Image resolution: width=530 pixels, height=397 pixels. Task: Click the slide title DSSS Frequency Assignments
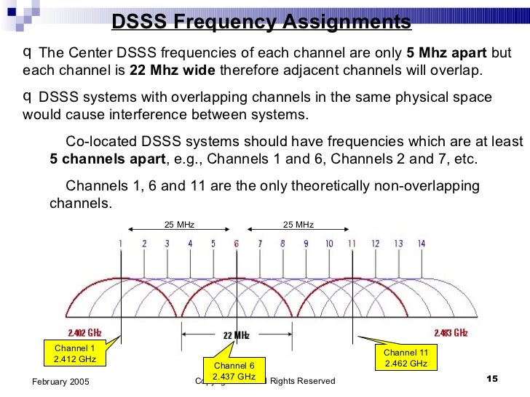pyautogui.click(x=261, y=23)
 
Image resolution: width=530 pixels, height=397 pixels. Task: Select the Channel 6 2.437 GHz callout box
pyautogui.click(x=234, y=371)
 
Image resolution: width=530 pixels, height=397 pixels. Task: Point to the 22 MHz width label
pyautogui.click(x=236, y=335)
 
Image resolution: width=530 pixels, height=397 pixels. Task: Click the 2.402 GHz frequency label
pyautogui.click(x=84, y=332)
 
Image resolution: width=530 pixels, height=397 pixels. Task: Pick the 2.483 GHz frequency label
pyautogui.click(x=451, y=332)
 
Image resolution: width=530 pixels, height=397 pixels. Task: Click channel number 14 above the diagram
pyautogui.click(x=421, y=244)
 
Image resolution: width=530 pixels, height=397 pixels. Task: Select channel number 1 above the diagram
pyautogui.click(x=121, y=244)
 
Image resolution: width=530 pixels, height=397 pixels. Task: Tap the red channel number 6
pyautogui.click(x=236, y=244)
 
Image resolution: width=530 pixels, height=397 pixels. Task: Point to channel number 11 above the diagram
pyautogui.click(x=352, y=244)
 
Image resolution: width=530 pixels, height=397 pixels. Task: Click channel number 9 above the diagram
pyautogui.click(x=306, y=244)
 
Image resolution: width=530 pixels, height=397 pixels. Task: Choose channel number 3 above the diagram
pyautogui.click(x=167, y=244)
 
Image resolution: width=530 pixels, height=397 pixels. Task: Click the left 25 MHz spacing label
pyautogui.click(x=178, y=225)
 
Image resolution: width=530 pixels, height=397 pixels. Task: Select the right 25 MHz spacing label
pyautogui.click(x=298, y=225)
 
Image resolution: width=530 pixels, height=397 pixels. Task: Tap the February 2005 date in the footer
pyautogui.click(x=61, y=382)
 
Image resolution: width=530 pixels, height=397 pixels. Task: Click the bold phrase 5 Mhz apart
pyautogui.click(x=447, y=54)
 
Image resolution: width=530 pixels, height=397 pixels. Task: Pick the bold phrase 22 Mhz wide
pyautogui.click(x=172, y=71)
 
